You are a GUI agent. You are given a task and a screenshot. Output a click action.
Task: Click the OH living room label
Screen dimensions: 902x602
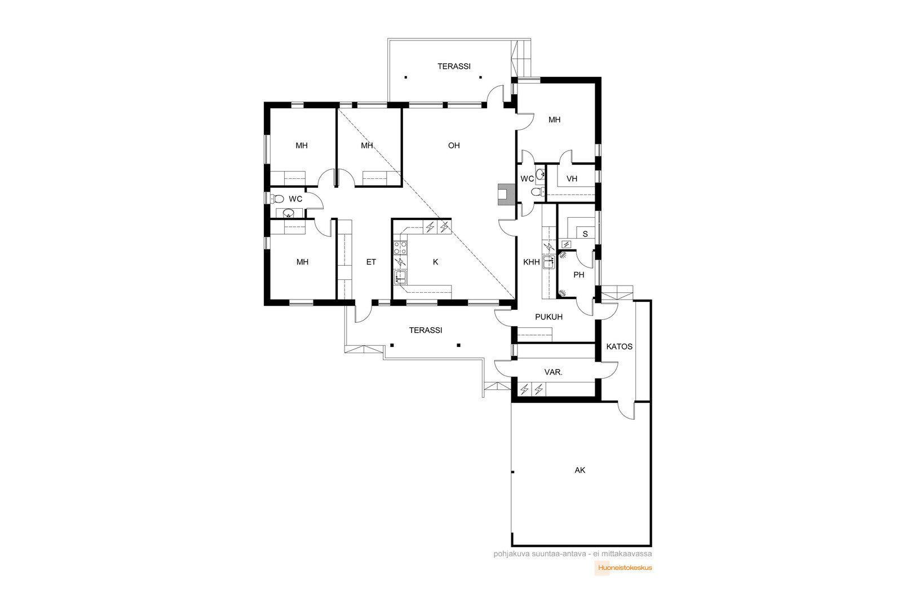point(454,146)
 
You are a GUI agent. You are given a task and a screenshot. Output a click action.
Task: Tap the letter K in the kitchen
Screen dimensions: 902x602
point(435,262)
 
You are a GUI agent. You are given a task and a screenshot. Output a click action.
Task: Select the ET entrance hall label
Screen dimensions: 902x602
point(371,262)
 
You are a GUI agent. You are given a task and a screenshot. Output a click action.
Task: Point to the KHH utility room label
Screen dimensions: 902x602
point(531,262)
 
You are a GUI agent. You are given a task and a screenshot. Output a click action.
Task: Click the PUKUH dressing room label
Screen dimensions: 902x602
point(549,317)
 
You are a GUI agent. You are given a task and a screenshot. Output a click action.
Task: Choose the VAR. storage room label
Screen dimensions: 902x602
point(553,372)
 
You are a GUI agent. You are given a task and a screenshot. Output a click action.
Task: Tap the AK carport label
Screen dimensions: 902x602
point(580,470)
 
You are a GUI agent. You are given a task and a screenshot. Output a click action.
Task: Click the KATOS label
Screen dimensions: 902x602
point(620,346)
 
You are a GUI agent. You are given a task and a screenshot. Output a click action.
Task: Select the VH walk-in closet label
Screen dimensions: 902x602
point(572,178)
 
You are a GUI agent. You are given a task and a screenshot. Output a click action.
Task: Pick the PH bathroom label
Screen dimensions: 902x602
point(578,275)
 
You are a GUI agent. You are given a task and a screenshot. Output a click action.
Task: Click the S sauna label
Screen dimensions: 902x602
point(585,234)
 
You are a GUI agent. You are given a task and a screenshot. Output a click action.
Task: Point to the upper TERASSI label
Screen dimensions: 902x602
point(454,66)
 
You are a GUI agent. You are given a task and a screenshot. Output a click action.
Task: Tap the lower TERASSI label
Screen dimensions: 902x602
point(426,330)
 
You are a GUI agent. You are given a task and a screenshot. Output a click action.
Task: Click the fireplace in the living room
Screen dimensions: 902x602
point(506,195)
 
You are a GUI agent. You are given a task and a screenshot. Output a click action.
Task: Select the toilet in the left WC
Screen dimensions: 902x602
point(277,198)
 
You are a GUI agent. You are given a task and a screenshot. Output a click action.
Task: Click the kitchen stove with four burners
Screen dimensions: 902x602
point(400,248)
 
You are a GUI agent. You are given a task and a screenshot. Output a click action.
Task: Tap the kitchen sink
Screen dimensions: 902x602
point(400,277)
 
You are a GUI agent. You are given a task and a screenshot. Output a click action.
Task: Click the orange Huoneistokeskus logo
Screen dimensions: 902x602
point(624,568)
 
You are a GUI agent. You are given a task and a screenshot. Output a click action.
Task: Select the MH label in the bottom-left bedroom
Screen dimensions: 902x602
point(302,262)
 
